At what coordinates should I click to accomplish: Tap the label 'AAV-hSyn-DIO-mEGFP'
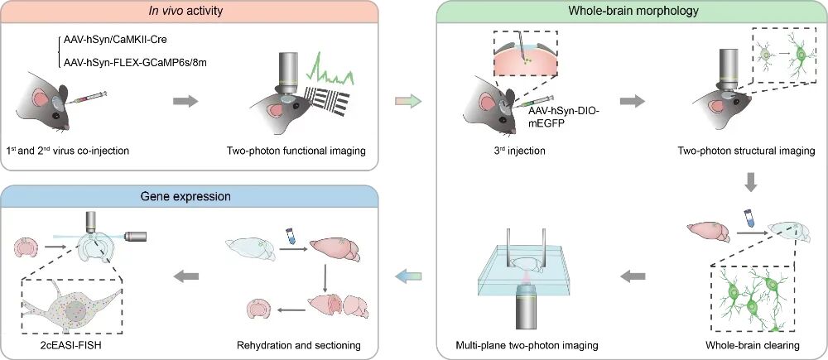pos(556,117)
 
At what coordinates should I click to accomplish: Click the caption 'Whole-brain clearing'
pos(753,346)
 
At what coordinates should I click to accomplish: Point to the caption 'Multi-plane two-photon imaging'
pos(527,346)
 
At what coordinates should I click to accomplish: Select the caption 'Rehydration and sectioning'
pos(298,346)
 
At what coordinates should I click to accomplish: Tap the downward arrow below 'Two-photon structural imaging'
pos(753,182)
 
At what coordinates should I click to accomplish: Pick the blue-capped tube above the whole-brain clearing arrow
pos(748,218)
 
